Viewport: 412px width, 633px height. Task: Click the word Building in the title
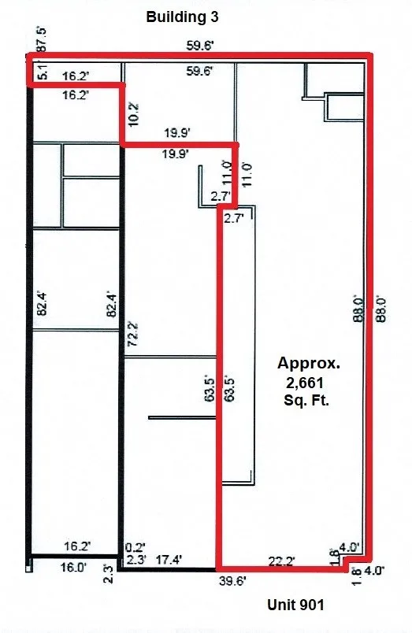point(176,17)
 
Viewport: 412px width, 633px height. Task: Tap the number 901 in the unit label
point(311,605)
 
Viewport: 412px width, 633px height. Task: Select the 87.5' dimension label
point(42,39)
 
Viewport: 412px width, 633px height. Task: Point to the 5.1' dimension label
point(43,72)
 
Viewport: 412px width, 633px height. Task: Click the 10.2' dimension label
point(133,115)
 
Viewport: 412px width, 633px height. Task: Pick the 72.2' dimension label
point(133,334)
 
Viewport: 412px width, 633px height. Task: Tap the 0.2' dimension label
point(135,547)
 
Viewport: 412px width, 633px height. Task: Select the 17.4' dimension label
point(169,560)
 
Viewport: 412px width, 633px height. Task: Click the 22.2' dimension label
point(282,561)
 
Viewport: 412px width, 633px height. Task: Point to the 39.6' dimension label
point(232,581)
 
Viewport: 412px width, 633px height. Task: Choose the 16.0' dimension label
point(73,567)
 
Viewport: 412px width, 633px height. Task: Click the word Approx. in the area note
point(309,363)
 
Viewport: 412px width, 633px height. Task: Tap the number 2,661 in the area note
point(304,383)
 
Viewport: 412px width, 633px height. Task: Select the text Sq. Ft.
point(306,402)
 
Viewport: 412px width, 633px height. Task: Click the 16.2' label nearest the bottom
point(77,546)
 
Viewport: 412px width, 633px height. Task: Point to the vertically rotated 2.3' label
point(108,573)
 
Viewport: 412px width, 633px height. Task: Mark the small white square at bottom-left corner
point(28,568)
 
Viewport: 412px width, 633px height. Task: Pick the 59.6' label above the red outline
point(200,46)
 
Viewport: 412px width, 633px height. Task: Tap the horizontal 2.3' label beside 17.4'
point(135,560)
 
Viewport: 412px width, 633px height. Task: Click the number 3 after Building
point(214,17)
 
